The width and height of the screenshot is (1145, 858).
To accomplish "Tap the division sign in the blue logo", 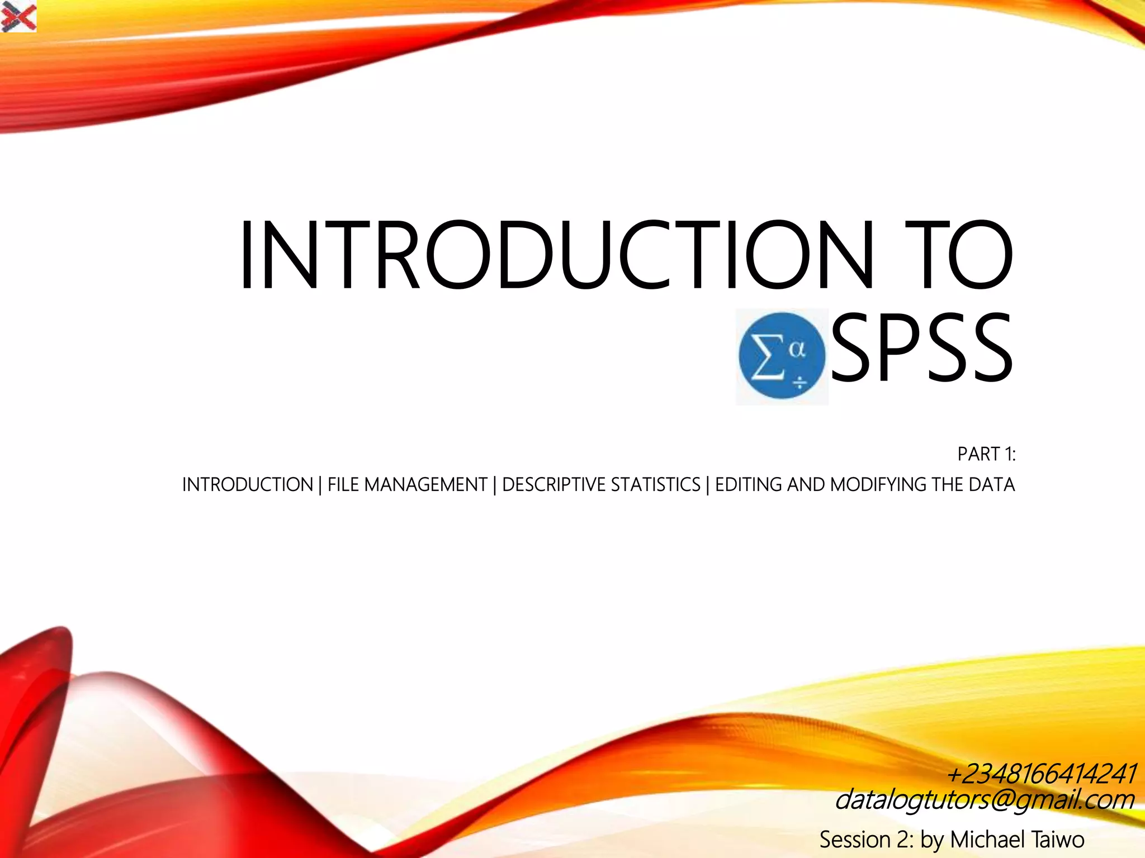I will coord(800,383).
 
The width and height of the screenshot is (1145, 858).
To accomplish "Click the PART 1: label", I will coord(986,454).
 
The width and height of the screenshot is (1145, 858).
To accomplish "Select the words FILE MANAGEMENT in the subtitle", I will coord(407,484).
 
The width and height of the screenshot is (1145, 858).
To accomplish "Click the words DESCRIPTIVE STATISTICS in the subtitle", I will coord(601,484).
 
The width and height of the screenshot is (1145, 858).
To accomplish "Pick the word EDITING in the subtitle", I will coord(749,484).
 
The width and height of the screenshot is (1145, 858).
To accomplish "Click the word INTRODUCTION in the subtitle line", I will coord(248,484).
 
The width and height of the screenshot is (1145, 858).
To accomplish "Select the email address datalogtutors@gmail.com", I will coord(984,799).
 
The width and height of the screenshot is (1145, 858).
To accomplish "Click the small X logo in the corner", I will coord(18,16).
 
